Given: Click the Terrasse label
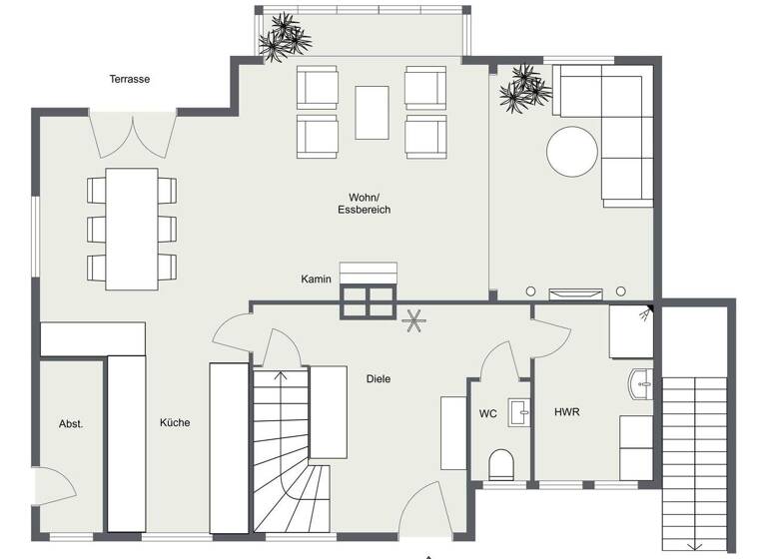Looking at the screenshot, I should click(x=130, y=79).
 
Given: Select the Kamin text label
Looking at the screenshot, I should click(x=317, y=279).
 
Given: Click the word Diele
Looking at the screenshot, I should click(x=379, y=379).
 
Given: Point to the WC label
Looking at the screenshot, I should click(x=487, y=413).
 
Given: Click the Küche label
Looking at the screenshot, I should click(x=175, y=422).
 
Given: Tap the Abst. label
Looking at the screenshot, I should click(x=71, y=423).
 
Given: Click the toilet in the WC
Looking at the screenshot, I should click(x=501, y=463).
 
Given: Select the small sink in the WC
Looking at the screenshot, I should click(x=517, y=409).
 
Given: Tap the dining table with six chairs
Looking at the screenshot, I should click(x=132, y=229).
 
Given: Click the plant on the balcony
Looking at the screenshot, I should click(x=285, y=36).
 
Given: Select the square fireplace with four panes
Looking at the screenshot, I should click(x=368, y=301).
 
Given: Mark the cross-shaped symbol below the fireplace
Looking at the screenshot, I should click(x=411, y=321).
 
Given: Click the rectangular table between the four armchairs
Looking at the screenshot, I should click(x=372, y=112).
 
